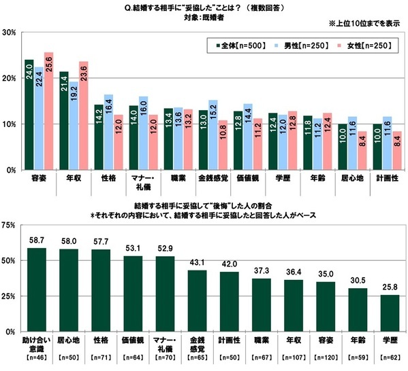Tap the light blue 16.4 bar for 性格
(108, 132)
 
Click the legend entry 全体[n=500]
(239, 46)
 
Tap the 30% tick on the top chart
(9, 33)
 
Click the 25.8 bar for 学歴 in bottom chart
(391, 314)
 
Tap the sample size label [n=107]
(295, 356)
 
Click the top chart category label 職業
(177, 179)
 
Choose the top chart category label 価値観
(247, 179)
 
